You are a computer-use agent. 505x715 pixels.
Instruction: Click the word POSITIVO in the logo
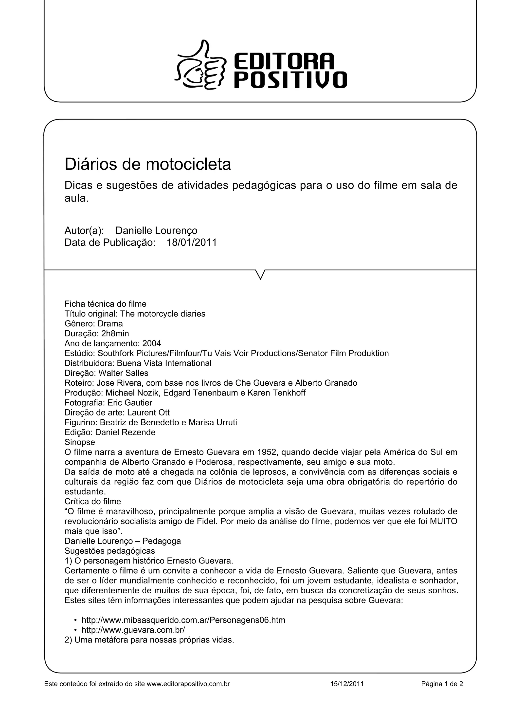[290, 80]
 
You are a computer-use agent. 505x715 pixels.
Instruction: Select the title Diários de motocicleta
[147, 164]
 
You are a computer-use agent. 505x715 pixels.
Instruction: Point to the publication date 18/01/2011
[192, 242]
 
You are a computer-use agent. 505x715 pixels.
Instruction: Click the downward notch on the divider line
[260, 274]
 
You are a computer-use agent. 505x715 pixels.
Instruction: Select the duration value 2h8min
[115, 334]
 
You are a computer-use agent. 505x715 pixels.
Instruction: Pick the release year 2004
[152, 343]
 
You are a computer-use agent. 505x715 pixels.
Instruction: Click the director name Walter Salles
[123, 373]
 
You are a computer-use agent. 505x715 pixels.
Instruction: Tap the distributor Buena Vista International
[164, 363]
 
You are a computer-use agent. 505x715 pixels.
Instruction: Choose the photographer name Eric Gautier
[130, 403]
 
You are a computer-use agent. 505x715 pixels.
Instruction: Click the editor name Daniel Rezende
[125, 432]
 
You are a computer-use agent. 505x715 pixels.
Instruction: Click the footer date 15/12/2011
[347, 684]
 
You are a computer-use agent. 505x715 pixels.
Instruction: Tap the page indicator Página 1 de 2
[442, 684]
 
